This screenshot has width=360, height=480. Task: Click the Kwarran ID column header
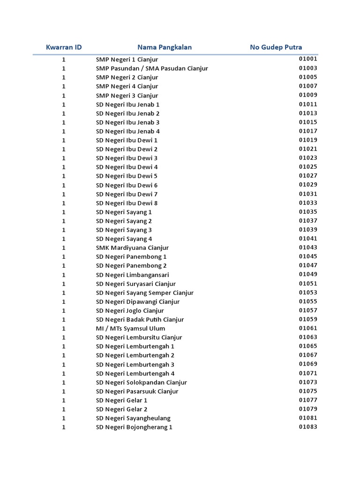point(64,47)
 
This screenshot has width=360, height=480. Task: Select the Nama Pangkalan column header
point(165,47)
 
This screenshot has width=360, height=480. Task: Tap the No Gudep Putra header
point(276,47)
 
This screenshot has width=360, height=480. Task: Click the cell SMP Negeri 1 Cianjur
point(127,60)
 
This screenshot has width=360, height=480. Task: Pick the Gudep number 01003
point(308,68)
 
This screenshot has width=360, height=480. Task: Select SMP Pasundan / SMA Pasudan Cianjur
point(152,68)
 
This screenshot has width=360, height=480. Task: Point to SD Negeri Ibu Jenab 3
point(127,122)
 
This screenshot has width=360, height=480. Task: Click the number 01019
point(308,140)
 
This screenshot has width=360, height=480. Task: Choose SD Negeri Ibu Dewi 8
point(127,203)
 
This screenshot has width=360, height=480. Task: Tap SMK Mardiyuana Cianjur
point(132,247)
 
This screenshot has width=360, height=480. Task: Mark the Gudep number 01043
point(308,247)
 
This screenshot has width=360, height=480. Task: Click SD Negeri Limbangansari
point(132,275)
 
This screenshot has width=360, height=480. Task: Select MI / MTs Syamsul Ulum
point(124,329)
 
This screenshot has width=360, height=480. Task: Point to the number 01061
point(308,328)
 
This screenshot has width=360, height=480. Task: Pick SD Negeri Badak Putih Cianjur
point(140,320)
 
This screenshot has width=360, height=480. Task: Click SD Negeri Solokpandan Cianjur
point(142,382)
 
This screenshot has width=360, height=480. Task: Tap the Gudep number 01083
point(308,427)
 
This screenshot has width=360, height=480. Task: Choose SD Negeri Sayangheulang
point(133,418)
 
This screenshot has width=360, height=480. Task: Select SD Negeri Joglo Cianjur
point(130,310)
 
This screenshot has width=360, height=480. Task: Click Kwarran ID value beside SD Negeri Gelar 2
point(64,409)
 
